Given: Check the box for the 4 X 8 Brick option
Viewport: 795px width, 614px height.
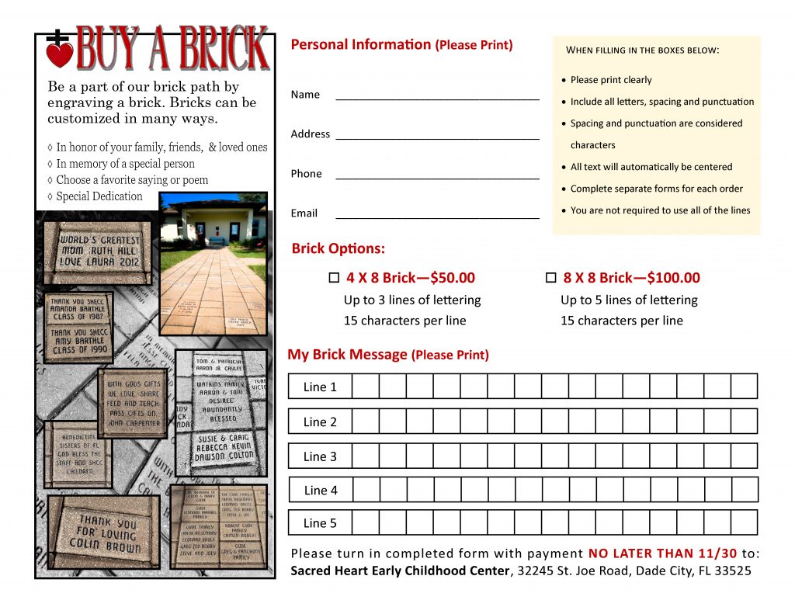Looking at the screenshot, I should click(335, 278).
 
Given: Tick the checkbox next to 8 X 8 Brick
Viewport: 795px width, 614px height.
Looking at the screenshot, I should click(551, 278).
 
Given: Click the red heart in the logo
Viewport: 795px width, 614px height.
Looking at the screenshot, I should click(60, 54).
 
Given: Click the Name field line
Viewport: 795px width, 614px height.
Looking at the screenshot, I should click(437, 97).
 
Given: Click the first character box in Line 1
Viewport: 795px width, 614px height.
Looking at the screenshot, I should click(366, 387).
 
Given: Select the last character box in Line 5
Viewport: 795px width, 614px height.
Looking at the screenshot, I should click(744, 523).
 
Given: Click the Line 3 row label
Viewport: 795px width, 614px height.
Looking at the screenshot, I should click(320, 456).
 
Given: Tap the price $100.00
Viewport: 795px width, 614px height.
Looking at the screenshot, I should click(674, 278).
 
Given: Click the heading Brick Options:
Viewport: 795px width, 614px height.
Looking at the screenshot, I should click(338, 249).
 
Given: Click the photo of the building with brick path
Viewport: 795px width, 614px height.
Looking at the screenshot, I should click(213, 264).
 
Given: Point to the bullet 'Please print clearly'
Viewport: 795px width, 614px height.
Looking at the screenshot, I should click(611, 80).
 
